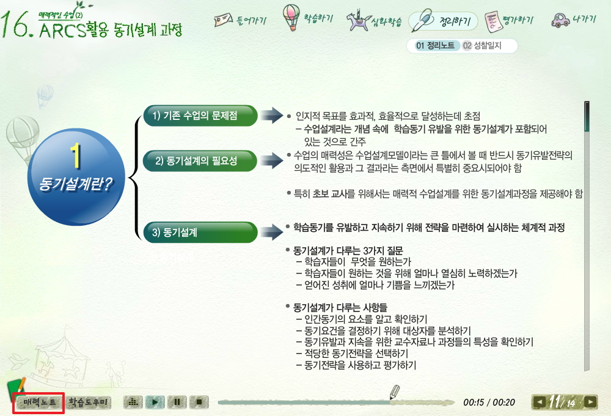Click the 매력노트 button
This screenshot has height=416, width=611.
pos(38,403)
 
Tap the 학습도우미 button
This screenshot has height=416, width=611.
pos(87,403)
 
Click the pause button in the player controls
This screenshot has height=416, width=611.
pos(177,402)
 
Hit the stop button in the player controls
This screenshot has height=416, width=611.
pos(199,402)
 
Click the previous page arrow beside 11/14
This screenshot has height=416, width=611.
pos(540,402)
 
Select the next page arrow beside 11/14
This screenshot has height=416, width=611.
pos(590,402)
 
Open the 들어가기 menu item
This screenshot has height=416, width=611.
pos(240,20)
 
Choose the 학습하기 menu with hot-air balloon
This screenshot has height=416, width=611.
pos(308,18)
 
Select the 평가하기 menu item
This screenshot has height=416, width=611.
pos(508,20)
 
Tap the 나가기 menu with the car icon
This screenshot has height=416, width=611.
pos(574,20)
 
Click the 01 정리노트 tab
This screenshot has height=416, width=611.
pos(435,46)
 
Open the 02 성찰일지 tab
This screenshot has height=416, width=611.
pos(482,46)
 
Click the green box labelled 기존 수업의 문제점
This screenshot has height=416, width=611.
pos(200,116)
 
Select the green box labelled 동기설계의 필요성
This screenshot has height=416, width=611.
pos(200,161)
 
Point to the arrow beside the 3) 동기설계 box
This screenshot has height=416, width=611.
pos(272,232)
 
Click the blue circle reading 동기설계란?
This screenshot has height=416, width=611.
pos(76,177)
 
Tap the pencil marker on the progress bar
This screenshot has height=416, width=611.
pos(394,392)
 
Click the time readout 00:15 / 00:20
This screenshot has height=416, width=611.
pos(489,403)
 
